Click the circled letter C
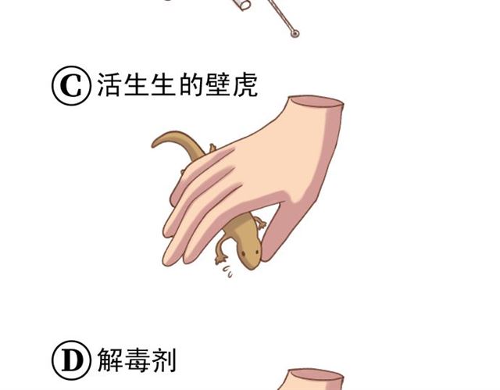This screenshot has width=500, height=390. (x=71, y=85)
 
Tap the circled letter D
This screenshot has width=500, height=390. (x=71, y=360)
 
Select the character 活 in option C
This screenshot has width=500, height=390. (x=109, y=85)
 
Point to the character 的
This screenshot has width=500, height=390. (x=191, y=85)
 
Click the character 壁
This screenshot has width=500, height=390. (x=218, y=85)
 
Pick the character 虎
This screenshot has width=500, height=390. (x=245, y=85)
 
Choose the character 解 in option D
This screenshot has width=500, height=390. (x=109, y=360)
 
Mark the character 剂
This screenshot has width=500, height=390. (x=164, y=360)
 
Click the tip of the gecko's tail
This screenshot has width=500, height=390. (x=153, y=145)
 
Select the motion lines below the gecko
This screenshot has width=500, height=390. (x=227, y=272)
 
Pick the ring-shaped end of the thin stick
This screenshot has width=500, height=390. (x=295, y=33)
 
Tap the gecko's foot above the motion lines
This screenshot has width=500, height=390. (x=220, y=259)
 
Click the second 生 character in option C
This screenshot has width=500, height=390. (x=163, y=85)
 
